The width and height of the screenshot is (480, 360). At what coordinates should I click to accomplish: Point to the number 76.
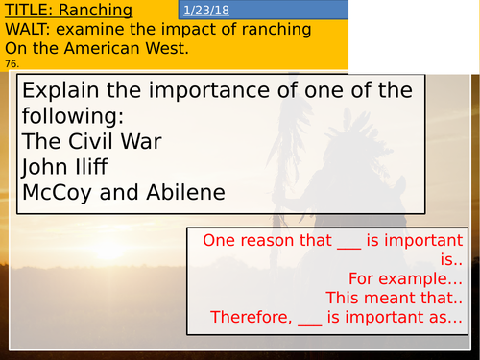[x=11, y=63]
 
